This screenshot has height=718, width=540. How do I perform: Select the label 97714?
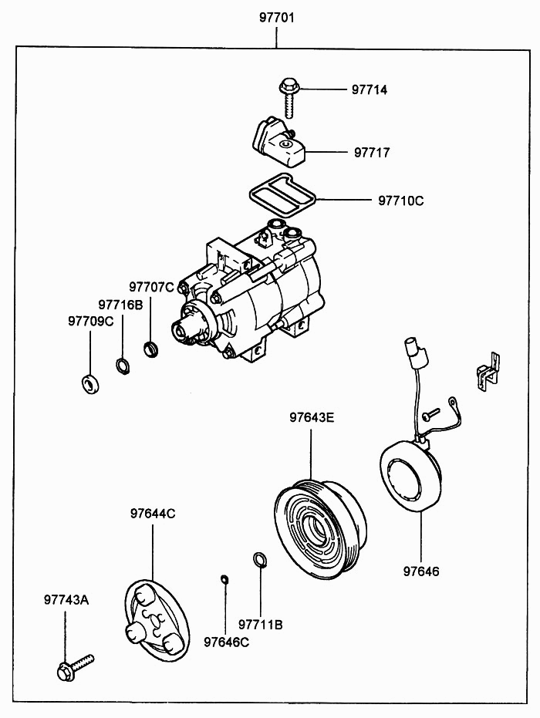(x=370, y=90)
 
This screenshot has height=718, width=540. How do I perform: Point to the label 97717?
(x=372, y=153)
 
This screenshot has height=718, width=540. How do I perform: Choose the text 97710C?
(x=400, y=201)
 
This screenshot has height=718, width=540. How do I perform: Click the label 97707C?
(x=151, y=288)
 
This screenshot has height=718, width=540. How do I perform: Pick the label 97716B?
(x=120, y=305)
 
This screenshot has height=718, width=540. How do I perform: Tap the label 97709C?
(x=90, y=321)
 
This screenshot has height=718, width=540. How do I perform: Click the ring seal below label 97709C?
(x=90, y=383)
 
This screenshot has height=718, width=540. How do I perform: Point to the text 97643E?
(x=312, y=419)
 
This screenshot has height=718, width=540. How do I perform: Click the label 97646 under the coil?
(x=421, y=571)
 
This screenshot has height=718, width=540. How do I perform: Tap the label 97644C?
(x=152, y=513)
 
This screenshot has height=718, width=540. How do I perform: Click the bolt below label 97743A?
(x=73, y=667)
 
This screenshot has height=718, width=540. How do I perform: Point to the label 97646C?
(x=226, y=641)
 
